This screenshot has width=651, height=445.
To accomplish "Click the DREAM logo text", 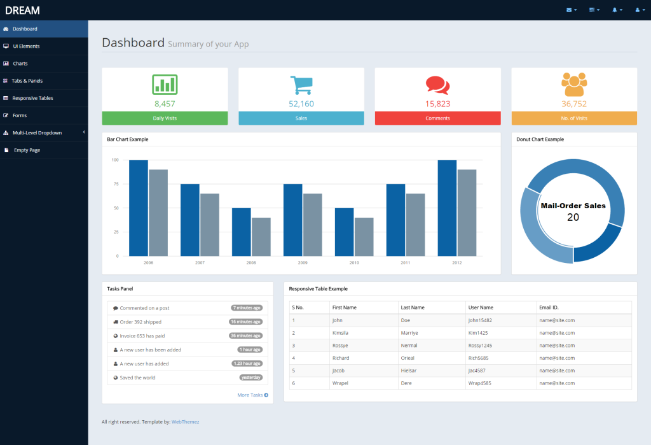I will click(x=22, y=10).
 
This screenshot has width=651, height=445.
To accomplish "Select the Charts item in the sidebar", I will click(x=20, y=64).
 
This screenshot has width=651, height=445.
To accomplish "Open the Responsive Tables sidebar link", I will click(x=32, y=98).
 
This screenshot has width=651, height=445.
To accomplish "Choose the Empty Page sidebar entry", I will click(x=27, y=150).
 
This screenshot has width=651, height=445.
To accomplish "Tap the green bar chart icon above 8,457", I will click(x=165, y=85).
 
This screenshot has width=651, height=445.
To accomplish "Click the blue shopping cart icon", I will click(x=301, y=85).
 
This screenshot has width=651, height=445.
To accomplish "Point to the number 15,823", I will click(x=437, y=104).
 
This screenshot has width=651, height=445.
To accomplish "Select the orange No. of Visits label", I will click(x=574, y=118).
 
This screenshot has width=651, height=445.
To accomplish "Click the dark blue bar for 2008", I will click(x=241, y=232).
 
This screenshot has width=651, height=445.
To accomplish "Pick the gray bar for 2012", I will click(x=467, y=213).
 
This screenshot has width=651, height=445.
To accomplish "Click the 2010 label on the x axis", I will click(x=353, y=262).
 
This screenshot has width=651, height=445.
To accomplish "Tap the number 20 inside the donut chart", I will click(x=573, y=217).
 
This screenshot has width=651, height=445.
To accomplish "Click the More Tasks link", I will click(x=252, y=395).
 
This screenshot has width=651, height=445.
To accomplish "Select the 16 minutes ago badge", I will click(x=245, y=322).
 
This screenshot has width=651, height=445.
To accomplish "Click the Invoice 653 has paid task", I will click(x=142, y=336).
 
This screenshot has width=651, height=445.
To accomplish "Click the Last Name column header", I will click(x=413, y=307).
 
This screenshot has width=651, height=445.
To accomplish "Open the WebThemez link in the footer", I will click(x=185, y=421).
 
